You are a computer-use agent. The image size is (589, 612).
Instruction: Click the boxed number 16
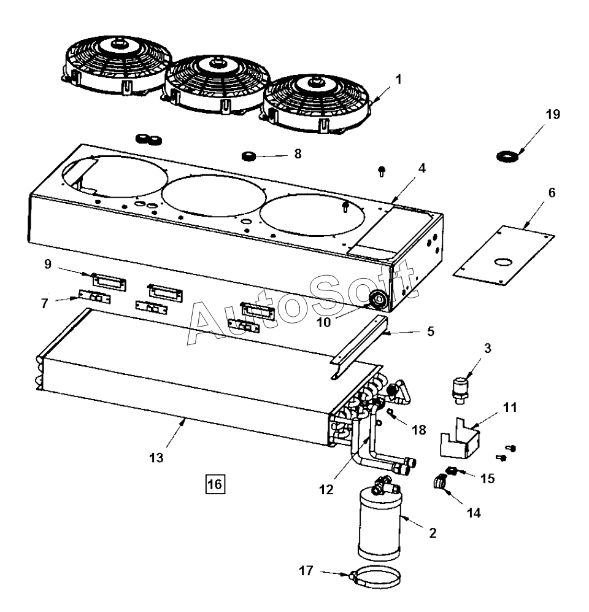[215, 484]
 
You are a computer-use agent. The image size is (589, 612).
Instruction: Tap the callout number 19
[553, 114]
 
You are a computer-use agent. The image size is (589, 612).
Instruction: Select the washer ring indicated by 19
[508, 157]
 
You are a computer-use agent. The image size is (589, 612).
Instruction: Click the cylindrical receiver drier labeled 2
[379, 523]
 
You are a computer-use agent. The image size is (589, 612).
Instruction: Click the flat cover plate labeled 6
[504, 255]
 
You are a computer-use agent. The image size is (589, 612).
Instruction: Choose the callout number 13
[156, 458]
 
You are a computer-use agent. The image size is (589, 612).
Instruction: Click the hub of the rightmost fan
[314, 81]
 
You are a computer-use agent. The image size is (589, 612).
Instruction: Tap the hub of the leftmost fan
[116, 43]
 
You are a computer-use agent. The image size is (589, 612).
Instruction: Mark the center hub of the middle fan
[216, 62]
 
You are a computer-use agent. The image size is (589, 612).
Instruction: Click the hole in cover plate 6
[502, 262]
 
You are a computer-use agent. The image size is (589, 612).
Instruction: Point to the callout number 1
[398, 80]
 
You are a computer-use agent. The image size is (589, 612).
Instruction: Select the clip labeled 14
[439, 482]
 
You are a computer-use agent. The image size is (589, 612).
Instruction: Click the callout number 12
[326, 489]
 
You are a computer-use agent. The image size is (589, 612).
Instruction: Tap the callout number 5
[431, 331]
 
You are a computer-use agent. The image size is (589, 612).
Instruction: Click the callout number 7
[44, 303]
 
